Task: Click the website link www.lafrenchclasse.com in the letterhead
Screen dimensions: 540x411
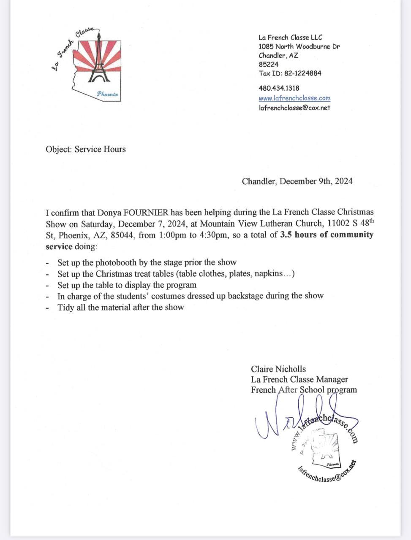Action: pos(294,98)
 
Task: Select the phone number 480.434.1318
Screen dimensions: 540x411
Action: pos(279,88)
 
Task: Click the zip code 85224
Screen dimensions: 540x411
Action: pos(269,64)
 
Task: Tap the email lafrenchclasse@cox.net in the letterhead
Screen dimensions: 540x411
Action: pos(294,108)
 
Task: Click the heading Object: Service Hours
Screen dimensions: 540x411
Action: pos(86,149)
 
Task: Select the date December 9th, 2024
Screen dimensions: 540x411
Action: pos(316,181)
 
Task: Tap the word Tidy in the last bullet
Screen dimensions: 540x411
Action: pos(65,307)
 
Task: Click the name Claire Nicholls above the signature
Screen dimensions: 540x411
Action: pos(278,369)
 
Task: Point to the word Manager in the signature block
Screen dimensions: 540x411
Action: pos(332,379)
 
